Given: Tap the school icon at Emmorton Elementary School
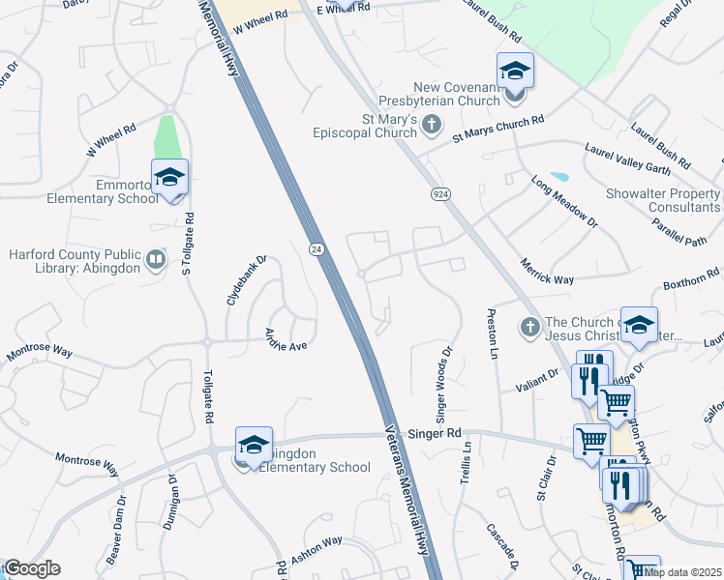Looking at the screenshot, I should click(x=170, y=178).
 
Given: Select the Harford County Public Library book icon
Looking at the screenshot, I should click(x=155, y=259).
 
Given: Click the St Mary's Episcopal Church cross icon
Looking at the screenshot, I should click(x=432, y=125).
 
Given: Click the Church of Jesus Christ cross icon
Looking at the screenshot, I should click(x=528, y=329).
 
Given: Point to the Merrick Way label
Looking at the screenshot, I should click(x=548, y=271).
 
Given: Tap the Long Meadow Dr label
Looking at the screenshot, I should click(x=564, y=201).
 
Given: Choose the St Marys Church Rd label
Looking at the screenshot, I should click(x=498, y=125).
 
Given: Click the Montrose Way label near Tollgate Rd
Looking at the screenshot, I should click(x=40, y=351).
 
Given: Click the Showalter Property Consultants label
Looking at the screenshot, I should click(x=663, y=200).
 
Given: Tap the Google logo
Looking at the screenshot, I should click(x=32, y=568).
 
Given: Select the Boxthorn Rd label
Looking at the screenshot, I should click(x=691, y=284).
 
